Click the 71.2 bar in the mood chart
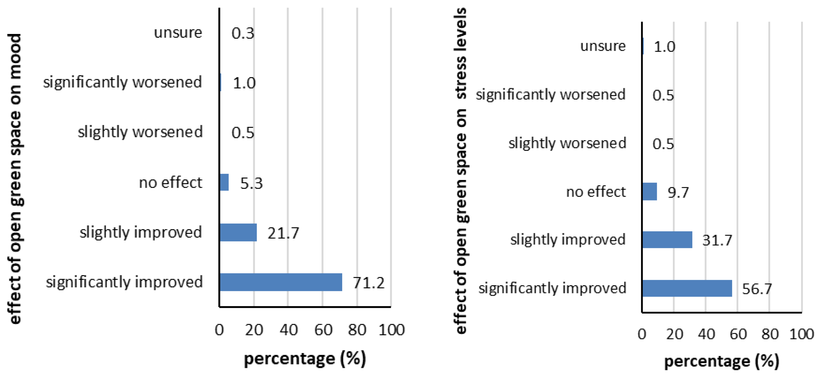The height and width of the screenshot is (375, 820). point(281,282)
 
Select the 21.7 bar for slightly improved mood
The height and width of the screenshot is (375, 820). point(238,232)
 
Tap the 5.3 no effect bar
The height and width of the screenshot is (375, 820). point(224,182)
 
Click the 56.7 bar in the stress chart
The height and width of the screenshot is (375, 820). point(687,288)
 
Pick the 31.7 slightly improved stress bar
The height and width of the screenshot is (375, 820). point(667,240)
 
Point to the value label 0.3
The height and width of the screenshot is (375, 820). point(243,33)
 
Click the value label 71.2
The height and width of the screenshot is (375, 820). point(369,283)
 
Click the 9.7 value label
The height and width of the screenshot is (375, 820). point(678,192)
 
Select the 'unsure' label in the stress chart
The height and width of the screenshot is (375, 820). point(603,46)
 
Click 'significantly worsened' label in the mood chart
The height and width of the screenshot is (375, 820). point(122,82)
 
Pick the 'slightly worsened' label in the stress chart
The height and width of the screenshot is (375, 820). point(567,143)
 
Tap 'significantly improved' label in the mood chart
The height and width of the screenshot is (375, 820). point(124,282)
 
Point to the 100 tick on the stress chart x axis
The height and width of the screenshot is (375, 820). point(802,334)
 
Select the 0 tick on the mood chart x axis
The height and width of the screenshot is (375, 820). point(219,330)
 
